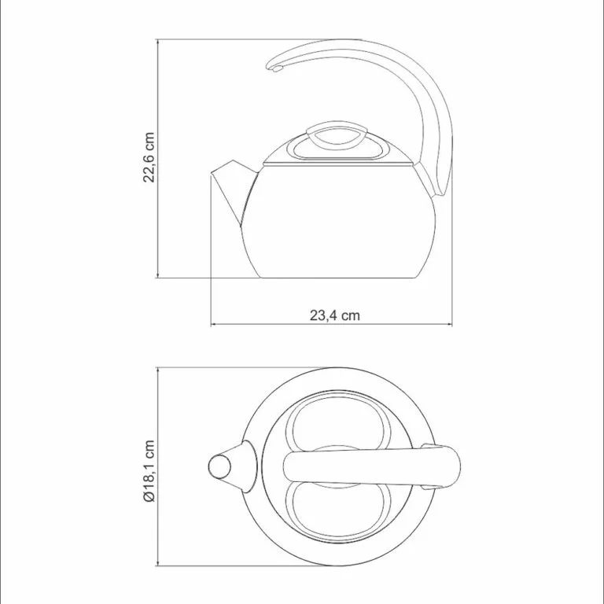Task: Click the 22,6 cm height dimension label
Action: pyautogui.click(x=149, y=157)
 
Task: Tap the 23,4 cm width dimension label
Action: pyautogui.click(x=335, y=315)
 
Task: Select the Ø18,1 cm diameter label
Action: pyautogui.click(x=149, y=471)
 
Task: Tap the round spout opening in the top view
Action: pyautogui.click(x=219, y=467)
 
